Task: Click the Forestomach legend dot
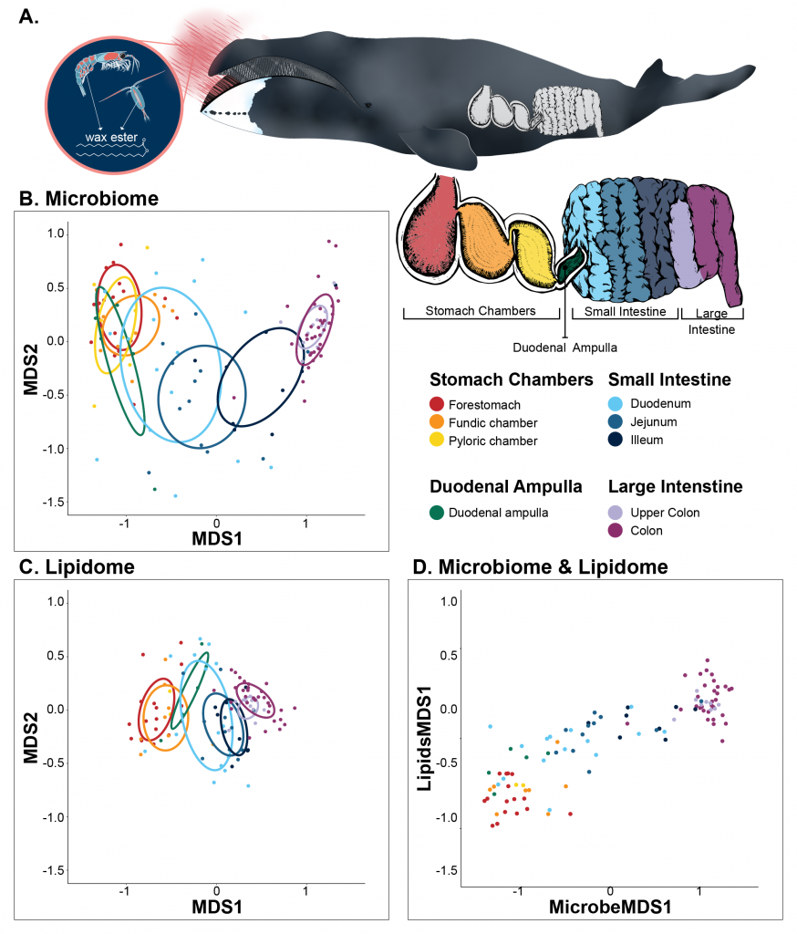[437, 404]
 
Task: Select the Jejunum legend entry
[642, 421]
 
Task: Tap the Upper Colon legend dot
[616, 513]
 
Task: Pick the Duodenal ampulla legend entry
[489, 513]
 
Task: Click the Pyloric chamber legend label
[492, 441]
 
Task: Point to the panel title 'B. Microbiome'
[88, 198]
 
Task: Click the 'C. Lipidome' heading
[77, 566]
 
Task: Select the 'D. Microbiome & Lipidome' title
[540, 566]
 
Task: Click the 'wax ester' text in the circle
[111, 138]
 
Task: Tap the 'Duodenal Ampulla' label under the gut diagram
[564, 348]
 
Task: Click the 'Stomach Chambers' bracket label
[480, 310]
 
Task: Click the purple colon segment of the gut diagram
[716, 238]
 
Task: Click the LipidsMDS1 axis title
[424, 739]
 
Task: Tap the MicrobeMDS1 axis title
[610, 907]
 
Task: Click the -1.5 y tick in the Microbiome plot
[53, 503]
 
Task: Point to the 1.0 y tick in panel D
[450, 602]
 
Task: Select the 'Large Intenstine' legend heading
[676, 487]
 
